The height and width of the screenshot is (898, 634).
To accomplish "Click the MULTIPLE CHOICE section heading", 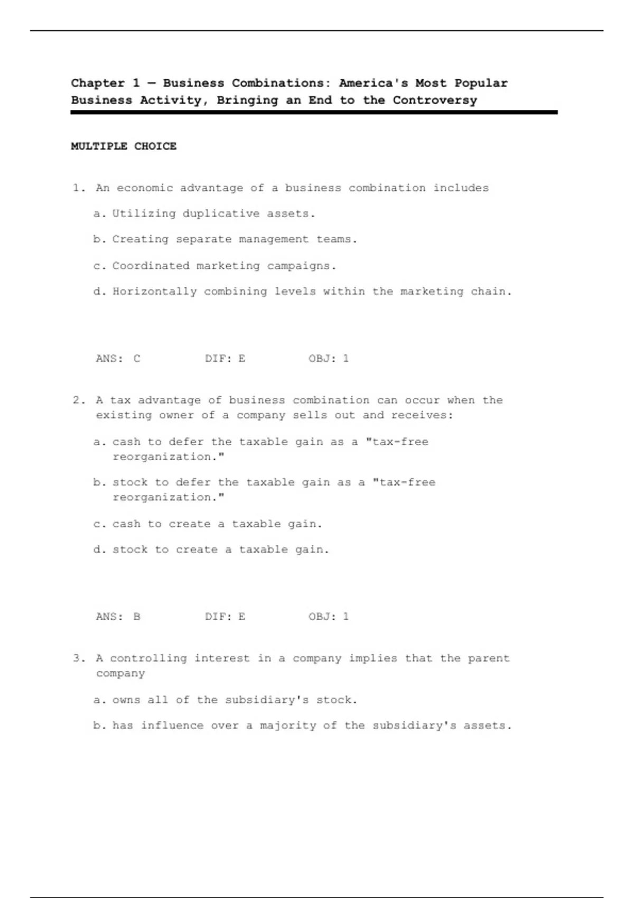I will [x=124, y=146].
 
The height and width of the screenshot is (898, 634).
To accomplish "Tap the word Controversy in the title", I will [x=434, y=100].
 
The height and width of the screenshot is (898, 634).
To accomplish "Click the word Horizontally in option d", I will [x=154, y=292].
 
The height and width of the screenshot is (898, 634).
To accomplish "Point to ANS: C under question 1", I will [x=118, y=359].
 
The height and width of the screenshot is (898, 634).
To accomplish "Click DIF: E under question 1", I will [x=225, y=359].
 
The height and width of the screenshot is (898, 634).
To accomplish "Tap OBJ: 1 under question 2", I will [x=329, y=616].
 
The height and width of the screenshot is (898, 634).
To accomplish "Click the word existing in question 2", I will [x=124, y=416].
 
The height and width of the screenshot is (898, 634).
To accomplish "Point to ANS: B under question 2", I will [x=118, y=616].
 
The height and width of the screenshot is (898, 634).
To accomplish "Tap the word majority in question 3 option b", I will [x=288, y=726].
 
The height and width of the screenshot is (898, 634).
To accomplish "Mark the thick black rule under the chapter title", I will [x=314, y=113].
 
